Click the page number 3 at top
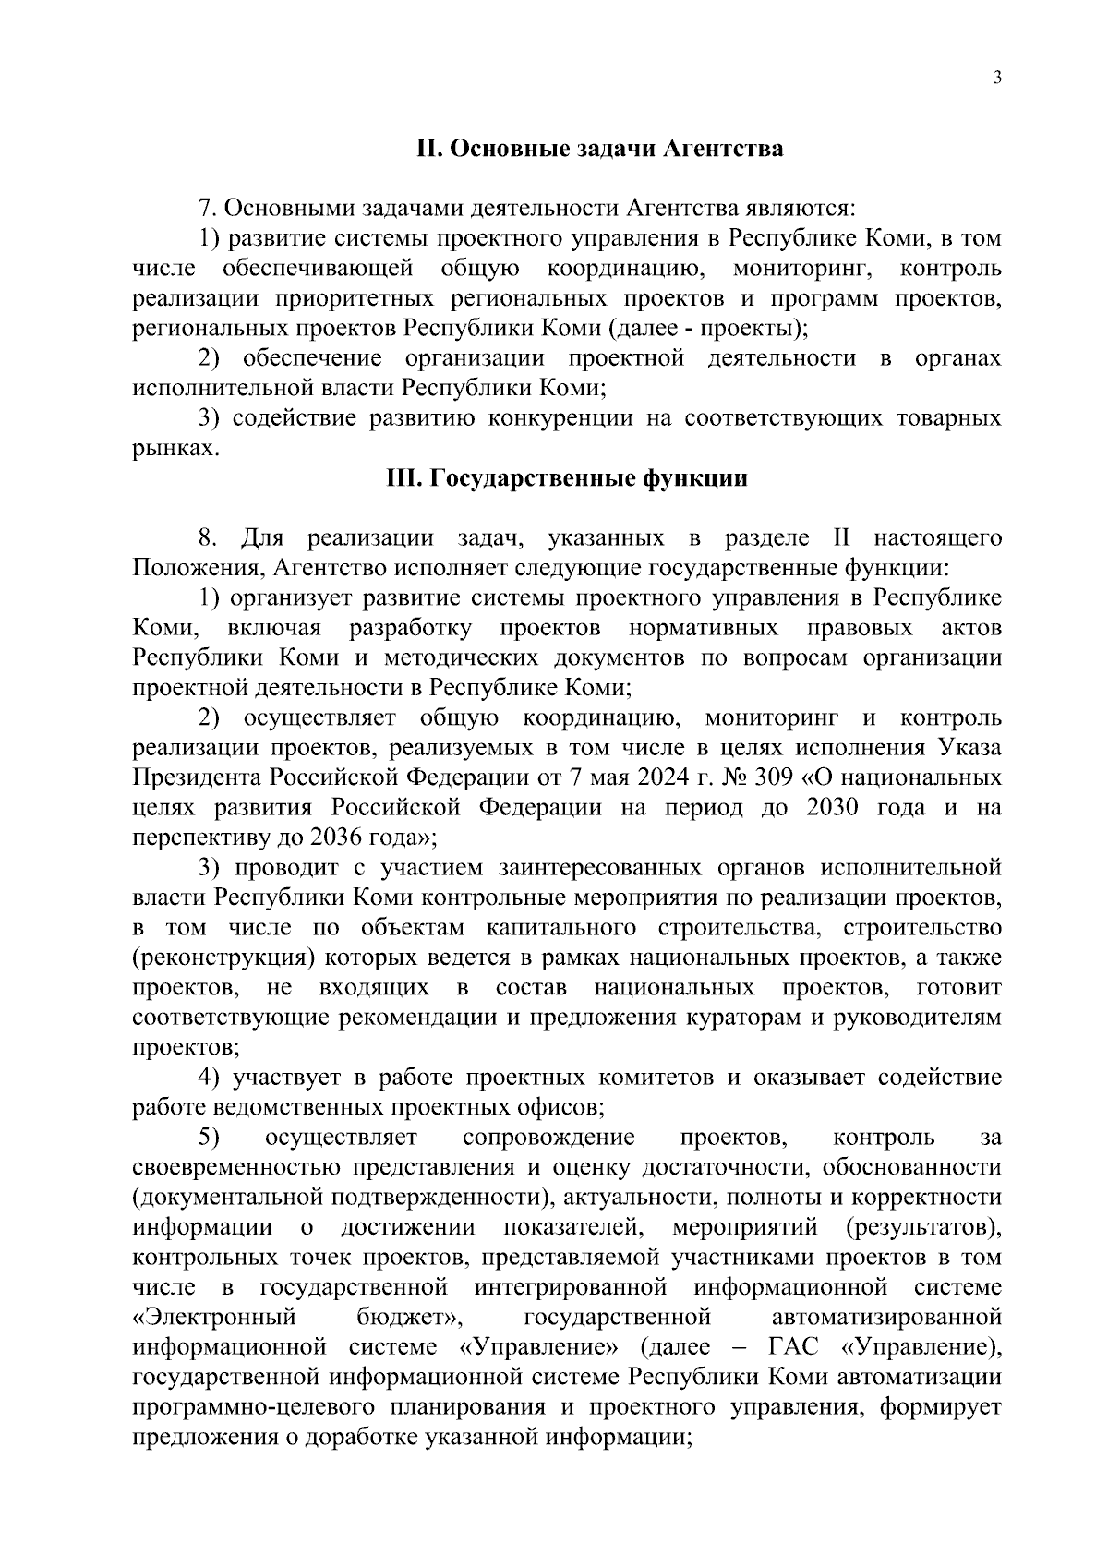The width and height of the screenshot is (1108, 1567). (997, 78)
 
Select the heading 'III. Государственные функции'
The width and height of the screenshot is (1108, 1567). (566, 479)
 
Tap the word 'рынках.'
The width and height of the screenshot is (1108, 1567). (176, 450)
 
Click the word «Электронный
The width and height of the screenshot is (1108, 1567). (214, 1318)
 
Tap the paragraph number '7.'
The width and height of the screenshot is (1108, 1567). (207, 210)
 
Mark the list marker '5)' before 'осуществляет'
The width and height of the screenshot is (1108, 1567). (209, 1138)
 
